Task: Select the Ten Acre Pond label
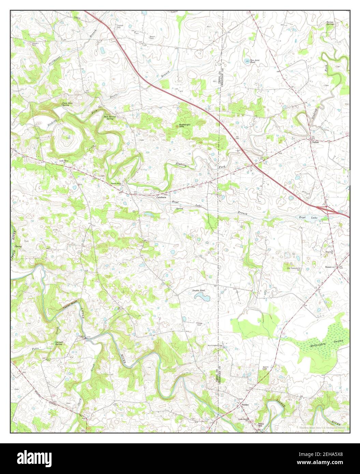coord(253,61)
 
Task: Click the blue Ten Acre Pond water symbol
coord(247,61)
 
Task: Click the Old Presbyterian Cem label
coord(293,269)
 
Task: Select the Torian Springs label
coord(330,23)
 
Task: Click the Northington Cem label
coord(215,345)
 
